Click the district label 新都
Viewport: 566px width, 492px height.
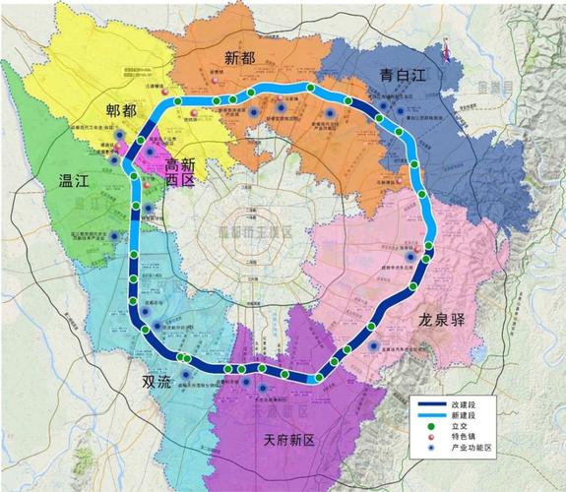239,58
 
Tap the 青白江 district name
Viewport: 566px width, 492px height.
404,76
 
